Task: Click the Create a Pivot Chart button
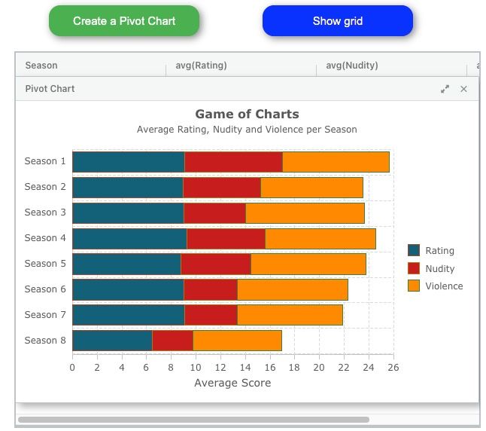(x=124, y=21)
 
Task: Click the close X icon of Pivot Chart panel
(x=463, y=89)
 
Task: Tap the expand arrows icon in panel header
(x=445, y=89)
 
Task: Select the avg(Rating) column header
(x=202, y=66)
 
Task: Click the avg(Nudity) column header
(x=352, y=66)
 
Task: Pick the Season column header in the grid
(x=41, y=66)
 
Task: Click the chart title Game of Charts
(x=247, y=115)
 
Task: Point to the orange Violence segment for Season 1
(x=336, y=162)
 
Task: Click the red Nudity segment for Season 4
(x=226, y=239)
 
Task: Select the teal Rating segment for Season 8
(x=112, y=341)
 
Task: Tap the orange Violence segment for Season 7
(x=290, y=315)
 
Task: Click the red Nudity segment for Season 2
(x=221, y=188)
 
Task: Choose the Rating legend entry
(x=439, y=251)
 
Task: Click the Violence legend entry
(x=444, y=286)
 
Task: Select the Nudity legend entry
(x=439, y=269)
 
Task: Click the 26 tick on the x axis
(x=393, y=368)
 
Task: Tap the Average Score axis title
(x=232, y=383)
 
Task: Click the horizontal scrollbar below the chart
(x=193, y=420)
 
